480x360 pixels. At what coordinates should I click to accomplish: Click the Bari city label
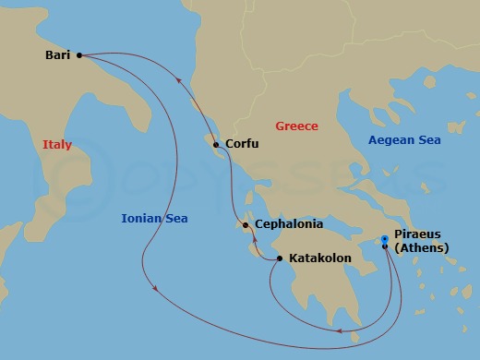[58, 55]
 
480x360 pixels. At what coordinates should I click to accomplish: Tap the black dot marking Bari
[79, 55]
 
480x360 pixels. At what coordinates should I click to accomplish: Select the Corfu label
[242, 145]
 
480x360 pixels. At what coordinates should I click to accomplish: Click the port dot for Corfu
[215, 145]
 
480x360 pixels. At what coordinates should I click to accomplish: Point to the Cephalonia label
[289, 224]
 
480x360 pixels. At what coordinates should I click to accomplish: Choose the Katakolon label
[320, 258]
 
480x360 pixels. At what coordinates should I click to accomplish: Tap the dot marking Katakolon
[279, 258]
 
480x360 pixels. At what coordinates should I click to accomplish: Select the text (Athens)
[421, 248]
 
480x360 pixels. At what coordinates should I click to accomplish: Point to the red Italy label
[56, 145]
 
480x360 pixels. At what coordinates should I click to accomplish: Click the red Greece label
[296, 126]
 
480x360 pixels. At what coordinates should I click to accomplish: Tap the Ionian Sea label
[154, 219]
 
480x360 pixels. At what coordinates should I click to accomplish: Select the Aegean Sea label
[404, 140]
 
